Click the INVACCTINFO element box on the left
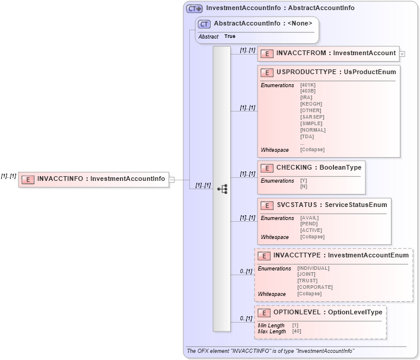[93, 179]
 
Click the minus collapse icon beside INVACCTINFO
[171, 180]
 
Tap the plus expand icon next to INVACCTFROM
[402, 53]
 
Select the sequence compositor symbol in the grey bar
[222, 189]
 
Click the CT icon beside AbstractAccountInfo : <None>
[205, 24]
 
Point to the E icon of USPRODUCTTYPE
[268, 72]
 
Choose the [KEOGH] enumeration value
[311, 104]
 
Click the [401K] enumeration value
[308, 85]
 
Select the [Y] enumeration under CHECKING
[304, 180]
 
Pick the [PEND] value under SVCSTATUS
[309, 224]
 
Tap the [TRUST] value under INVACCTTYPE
[308, 281]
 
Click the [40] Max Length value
[297, 331]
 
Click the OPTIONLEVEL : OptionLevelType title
[327, 312]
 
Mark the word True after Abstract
[230, 37]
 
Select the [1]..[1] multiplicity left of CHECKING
[247, 174]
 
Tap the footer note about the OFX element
[271, 351]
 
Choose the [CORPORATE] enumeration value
[315, 287]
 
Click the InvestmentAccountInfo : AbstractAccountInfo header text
[280, 8]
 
